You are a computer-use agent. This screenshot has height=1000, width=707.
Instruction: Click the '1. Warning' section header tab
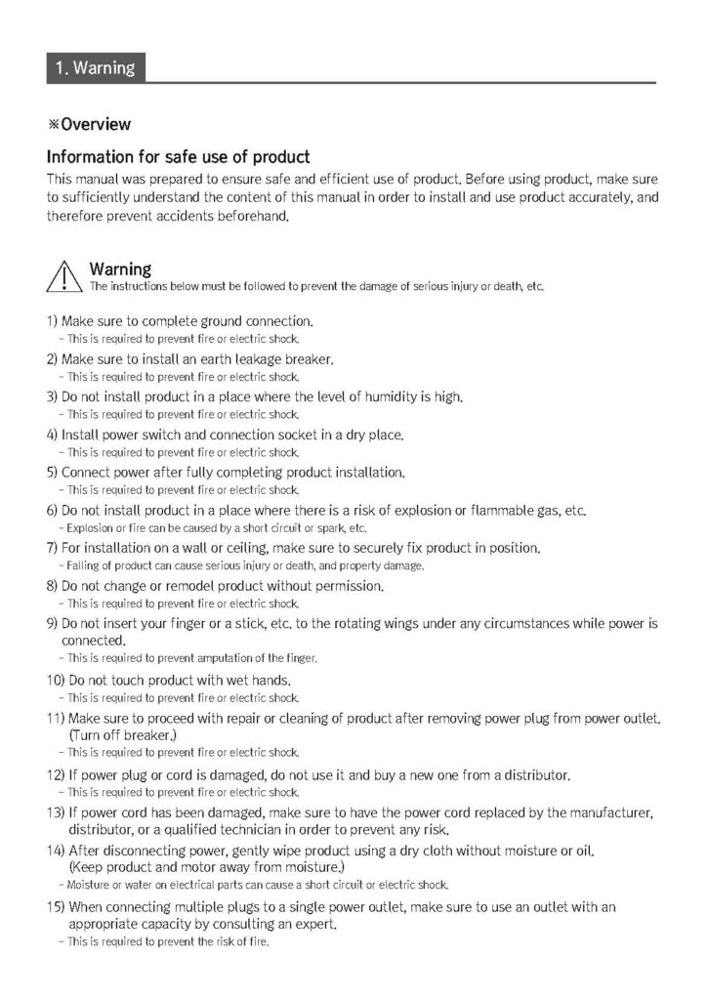click(x=95, y=68)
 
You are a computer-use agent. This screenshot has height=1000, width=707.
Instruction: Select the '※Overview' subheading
click(x=89, y=124)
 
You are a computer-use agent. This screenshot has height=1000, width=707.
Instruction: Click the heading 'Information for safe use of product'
click(x=179, y=156)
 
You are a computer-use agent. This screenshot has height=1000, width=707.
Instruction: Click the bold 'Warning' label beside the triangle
click(x=120, y=269)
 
